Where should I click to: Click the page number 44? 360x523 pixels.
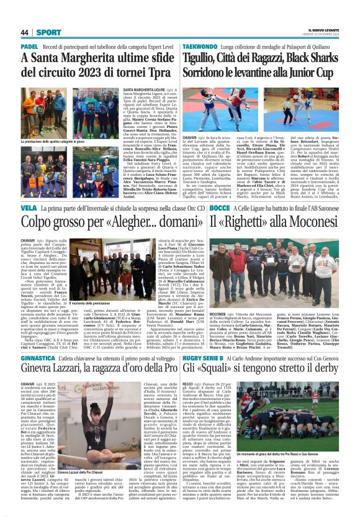[24, 32]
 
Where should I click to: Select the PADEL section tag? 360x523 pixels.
[29, 47]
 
